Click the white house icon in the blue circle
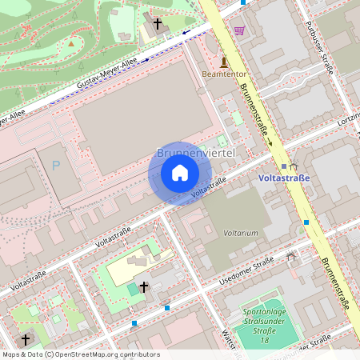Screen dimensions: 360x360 [x=180, y=173]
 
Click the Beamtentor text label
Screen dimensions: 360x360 [x=224, y=74]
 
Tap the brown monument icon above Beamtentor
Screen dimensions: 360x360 [x=224, y=62]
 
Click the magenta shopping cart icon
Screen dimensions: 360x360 [x=239, y=30]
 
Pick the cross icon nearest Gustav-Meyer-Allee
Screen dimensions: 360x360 [x=158, y=25]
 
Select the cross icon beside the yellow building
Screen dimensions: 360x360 [x=144, y=286]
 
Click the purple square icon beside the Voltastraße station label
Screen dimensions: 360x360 [x=284, y=166]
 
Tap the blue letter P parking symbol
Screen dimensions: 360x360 [x=56, y=166]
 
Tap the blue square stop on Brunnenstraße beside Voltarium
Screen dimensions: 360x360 [x=306, y=222]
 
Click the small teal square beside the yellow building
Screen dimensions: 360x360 [x=132, y=287]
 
